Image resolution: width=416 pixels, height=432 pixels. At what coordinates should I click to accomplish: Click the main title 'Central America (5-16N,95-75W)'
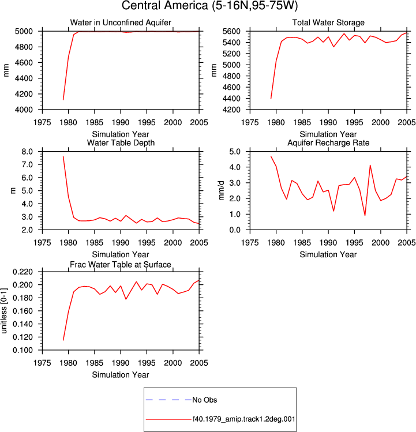pyautogui.click(x=209, y=6)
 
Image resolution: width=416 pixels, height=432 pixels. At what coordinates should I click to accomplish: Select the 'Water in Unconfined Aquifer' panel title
pyautogui.click(x=121, y=22)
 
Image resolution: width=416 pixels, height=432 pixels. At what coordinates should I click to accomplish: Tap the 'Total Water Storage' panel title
pyautogui.click(x=328, y=22)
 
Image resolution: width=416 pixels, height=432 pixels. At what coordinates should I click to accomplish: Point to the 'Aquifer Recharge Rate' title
pyautogui.click(x=328, y=142)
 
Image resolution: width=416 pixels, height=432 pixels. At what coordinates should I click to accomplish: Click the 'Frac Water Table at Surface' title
pyautogui.click(x=121, y=265)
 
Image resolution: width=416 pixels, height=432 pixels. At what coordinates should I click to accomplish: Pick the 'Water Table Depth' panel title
pyautogui.click(x=121, y=142)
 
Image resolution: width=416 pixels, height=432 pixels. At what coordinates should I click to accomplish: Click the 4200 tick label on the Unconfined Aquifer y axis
pyautogui.click(x=24, y=94)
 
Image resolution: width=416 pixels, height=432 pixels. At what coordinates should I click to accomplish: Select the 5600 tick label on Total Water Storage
pyautogui.click(x=231, y=31)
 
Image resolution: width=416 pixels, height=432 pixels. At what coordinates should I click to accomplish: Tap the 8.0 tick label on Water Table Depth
pyautogui.click(x=27, y=152)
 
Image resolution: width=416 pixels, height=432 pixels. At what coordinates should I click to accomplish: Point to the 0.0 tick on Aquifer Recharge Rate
pyautogui.click(x=235, y=230)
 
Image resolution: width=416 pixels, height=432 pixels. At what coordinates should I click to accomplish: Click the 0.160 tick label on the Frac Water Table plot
pyautogui.click(x=23, y=311)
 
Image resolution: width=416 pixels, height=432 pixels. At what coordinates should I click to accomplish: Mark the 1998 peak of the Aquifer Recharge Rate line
pyautogui.click(x=370, y=166)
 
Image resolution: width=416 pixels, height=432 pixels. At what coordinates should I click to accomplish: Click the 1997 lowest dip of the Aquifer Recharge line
pyautogui.click(x=365, y=216)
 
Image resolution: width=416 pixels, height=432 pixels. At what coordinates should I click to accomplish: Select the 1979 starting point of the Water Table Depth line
pyautogui.click(x=63, y=156)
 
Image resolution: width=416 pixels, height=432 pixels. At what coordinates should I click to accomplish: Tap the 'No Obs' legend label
pyautogui.click(x=205, y=400)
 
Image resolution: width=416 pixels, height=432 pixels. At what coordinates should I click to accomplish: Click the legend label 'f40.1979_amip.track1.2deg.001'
pyautogui.click(x=243, y=419)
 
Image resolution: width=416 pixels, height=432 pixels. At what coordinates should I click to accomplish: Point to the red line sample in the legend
pyautogui.click(x=168, y=420)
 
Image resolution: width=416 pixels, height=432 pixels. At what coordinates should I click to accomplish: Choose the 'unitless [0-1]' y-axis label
pyautogui.click(x=4, y=311)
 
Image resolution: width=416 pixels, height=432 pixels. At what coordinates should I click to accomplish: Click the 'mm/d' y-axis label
pyautogui.click(x=221, y=191)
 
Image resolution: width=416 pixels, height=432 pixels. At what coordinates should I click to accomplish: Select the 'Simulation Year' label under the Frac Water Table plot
pyautogui.click(x=121, y=375)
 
